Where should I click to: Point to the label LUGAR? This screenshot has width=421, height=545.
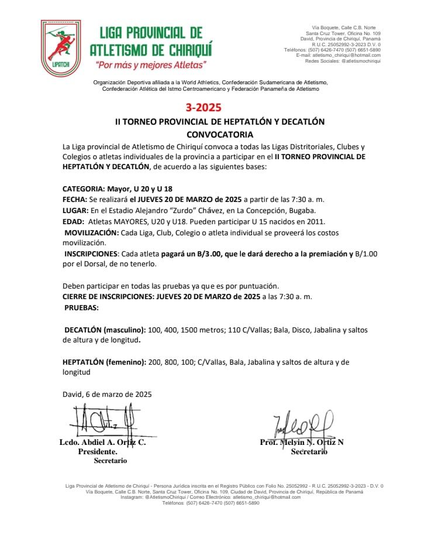(x=75, y=211)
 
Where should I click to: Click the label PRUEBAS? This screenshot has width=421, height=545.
(x=81, y=307)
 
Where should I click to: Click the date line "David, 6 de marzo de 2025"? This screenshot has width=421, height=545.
(x=107, y=394)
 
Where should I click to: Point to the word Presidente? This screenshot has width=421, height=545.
(x=98, y=452)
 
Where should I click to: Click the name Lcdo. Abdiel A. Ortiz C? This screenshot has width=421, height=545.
(x=102, y=443)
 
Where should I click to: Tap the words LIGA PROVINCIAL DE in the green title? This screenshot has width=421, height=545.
(x=151, y=33)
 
